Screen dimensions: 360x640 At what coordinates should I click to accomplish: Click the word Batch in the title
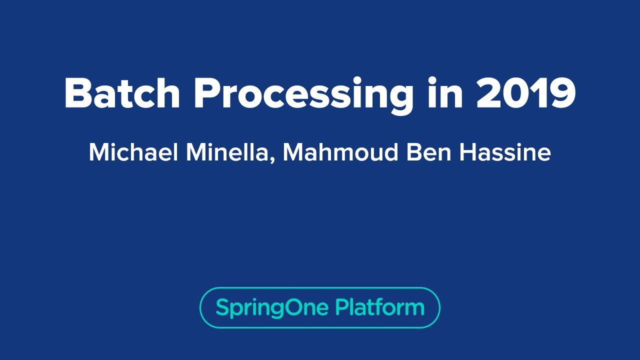[122, 93]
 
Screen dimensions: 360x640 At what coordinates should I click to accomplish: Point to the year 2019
[526, 93]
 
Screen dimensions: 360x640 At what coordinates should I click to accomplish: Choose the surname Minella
[228, 152]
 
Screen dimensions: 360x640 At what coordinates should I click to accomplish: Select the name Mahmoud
[340, 152]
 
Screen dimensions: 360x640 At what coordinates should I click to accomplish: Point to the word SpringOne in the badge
[272, 307]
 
